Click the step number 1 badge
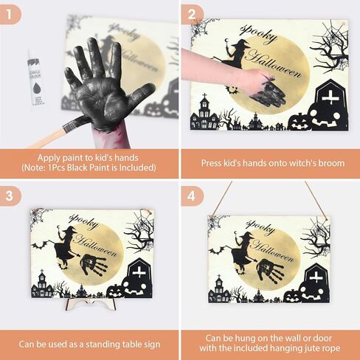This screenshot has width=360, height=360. pos(10,14)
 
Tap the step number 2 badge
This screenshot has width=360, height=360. pos(192,14)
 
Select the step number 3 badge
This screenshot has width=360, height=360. pos(10,196)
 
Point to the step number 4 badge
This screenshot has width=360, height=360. pos(192,196)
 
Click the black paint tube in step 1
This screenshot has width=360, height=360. pos(36,79)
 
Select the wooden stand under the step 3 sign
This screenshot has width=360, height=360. pos(91,304)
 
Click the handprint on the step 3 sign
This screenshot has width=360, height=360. pos(94,265)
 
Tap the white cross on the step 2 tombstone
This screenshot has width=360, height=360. pos(330,98)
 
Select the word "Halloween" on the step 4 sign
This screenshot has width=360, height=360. pos(272,250)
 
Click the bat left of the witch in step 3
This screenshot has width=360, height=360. pos(40,245)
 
